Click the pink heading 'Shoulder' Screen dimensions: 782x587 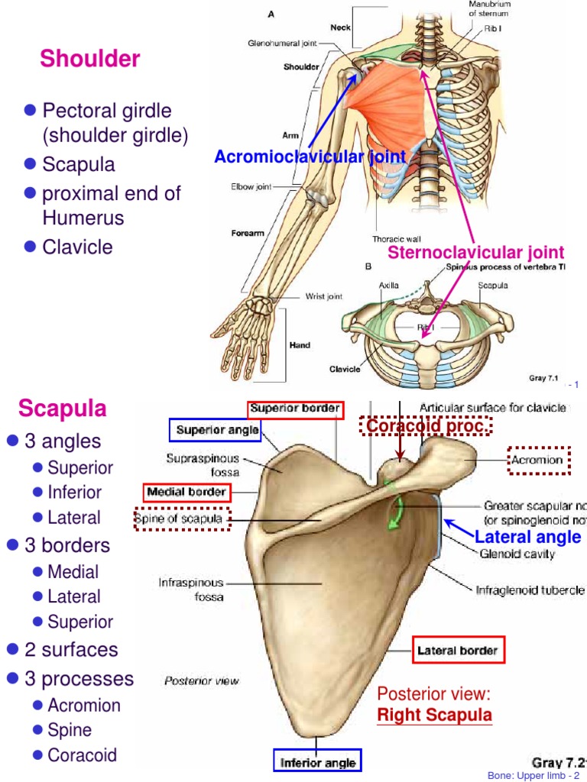point(90,59)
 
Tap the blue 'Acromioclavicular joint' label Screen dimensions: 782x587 point(310,157)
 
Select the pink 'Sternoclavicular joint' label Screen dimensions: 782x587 point(475,252)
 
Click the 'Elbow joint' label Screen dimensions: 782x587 point(251,186)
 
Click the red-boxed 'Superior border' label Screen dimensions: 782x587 point(295,409)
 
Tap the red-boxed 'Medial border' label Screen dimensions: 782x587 point(186,493)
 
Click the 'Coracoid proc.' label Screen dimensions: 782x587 point(426,426)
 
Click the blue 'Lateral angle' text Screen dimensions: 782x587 point(527,537)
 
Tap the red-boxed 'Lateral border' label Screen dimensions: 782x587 point(457,651)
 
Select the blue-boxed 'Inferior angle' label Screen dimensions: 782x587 point(317,762)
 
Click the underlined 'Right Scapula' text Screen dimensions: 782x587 point(435,716)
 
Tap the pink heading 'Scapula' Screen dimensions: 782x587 point(63,408)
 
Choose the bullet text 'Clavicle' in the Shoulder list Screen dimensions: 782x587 point(77,247)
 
